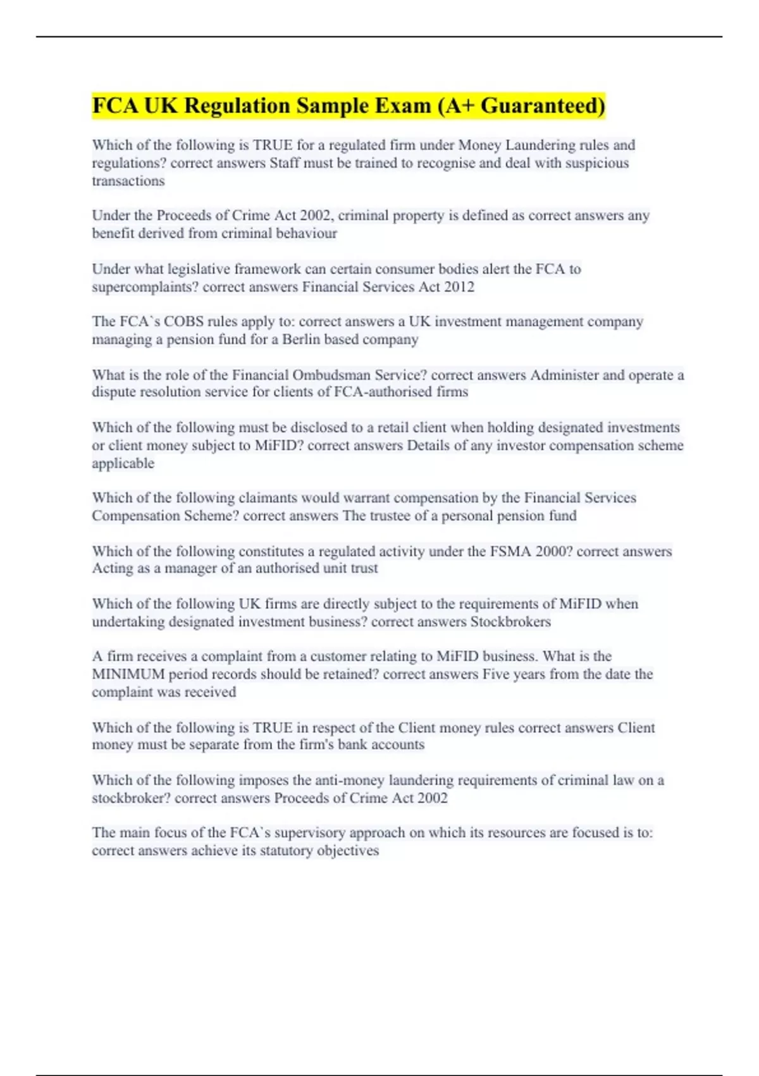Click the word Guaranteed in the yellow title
(x=542, y=106)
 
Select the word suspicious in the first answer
(x=598, y=163)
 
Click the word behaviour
(x=306, y=234)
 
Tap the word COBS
(x=184, y=322)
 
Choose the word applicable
(x=123, y=463)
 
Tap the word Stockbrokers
(x=510, y=622)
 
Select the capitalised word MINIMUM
(x=128, y=675)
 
